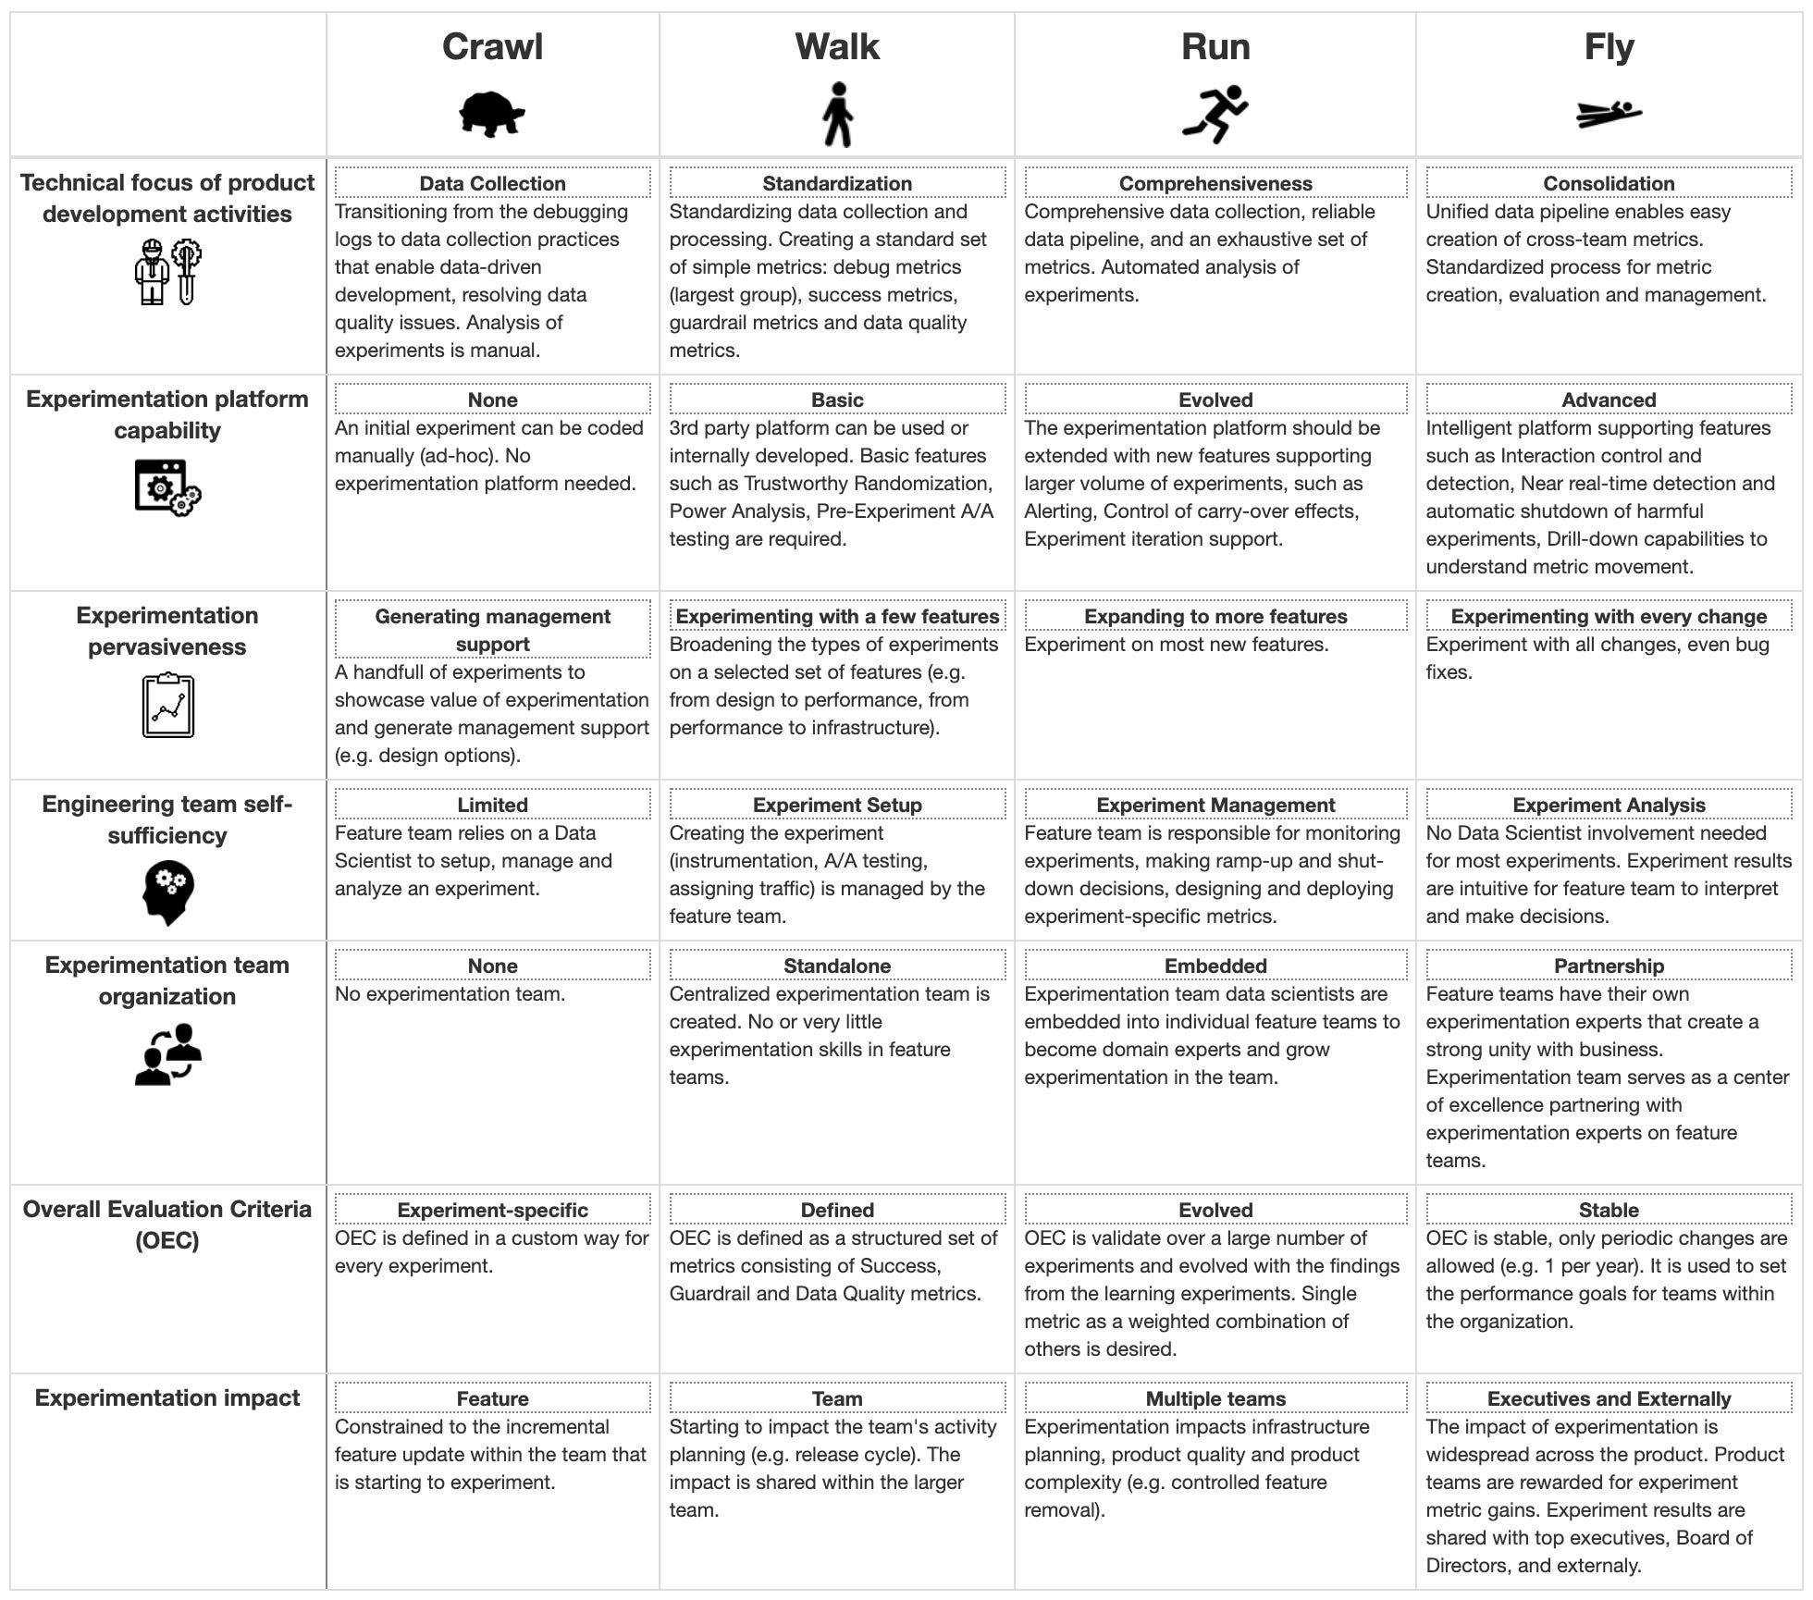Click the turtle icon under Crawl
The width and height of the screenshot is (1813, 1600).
pos(492,115)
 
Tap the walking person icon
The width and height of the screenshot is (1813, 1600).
pos(837,115)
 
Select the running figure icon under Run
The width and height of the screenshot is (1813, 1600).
pos(1215,115)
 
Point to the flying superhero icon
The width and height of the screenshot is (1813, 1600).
pos(1609,114)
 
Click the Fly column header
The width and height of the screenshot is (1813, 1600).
pos(1609,47)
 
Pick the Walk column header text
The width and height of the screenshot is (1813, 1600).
pos(837,47)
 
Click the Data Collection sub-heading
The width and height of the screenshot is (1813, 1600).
pos(492,183)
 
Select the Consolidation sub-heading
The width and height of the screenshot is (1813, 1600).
pos(1609,183)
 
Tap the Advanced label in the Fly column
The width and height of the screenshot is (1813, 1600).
pos(1609,400)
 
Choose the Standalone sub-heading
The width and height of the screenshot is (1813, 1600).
pos(837,966)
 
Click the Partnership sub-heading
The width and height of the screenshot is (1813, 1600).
pos(1609,966)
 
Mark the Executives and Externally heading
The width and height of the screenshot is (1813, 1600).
pos(1609,1398)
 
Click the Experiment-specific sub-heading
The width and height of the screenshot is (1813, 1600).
pos(492,1210)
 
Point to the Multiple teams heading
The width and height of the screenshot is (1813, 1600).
pos(1215,1398)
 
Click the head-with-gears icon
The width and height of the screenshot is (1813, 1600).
pos(167,892)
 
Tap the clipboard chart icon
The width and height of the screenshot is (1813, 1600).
pos(167,706)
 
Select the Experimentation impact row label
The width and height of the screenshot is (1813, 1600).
pos(167,1397)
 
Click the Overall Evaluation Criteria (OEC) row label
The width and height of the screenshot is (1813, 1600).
pos(167,1224)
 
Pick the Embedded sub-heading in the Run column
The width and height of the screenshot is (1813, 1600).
pos(1215,966)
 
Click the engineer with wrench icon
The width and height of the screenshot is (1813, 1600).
pos(167,272)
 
